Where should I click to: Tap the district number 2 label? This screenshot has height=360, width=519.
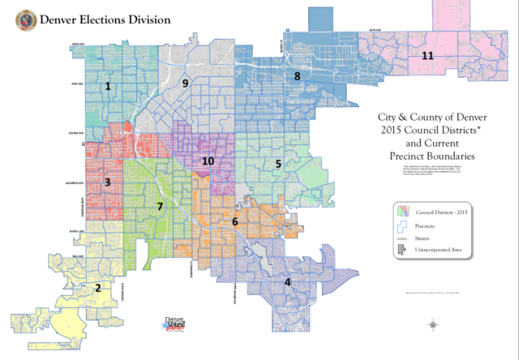(98, 288)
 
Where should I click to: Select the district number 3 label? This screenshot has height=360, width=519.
(107, 182)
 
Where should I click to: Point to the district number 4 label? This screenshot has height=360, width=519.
(287, 281)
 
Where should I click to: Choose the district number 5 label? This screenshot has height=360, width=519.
(278, 164)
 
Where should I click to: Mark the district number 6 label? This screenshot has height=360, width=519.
(235, 221)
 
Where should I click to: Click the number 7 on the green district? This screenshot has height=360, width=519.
(160, 207)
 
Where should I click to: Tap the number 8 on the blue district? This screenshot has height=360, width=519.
(298, 76)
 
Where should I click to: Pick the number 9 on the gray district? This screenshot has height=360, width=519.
(185, 83)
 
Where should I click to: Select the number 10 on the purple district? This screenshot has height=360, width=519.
(208, 161)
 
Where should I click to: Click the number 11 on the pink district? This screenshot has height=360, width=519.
(427, 55)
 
